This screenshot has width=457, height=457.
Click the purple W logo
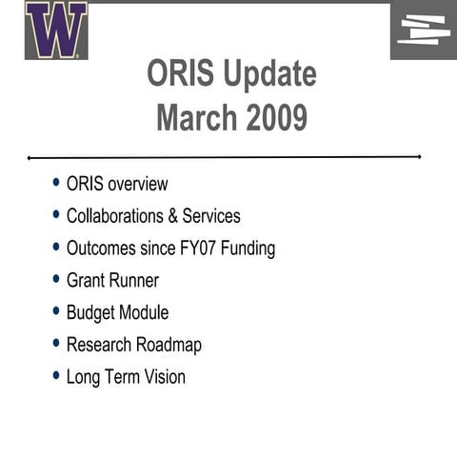click(x=56, y=30)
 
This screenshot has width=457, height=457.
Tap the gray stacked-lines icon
click(x=424, y=30)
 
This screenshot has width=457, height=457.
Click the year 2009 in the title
click(x=277, y=119)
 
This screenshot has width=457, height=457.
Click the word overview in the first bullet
click(x=137, y=184)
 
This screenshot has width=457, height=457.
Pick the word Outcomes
click(x=101, y=248)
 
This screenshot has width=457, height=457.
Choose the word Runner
click(x=133, y=281)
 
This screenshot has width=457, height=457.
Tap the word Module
click(x=144, y=312)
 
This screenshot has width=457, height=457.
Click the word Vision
click(x=164, y=377)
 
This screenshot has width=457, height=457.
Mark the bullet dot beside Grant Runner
click(x=56, y=280)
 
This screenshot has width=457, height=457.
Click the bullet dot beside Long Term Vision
click(x=56, y=376)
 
